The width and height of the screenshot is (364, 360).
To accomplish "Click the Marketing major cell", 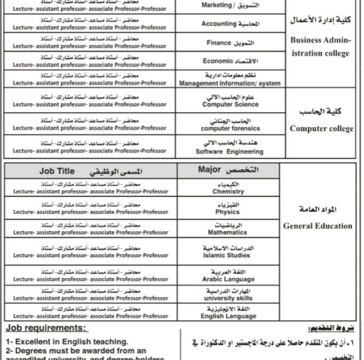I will point(229,5).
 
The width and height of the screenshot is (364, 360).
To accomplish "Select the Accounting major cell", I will point(229,23).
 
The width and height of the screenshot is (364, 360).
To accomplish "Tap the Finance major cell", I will point(229,42).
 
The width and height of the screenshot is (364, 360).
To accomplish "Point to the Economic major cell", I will point(229,61).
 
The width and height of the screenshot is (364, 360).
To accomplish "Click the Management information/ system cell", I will point(229,79).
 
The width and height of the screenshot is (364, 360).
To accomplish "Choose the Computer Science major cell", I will point(230,101).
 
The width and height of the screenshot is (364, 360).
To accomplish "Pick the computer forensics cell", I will point(230,124).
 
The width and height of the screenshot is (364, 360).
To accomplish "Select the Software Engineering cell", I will point(229,147).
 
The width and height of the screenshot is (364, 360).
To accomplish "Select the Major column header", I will point(228,170).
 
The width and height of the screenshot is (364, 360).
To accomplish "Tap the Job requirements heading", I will point(47,327).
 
